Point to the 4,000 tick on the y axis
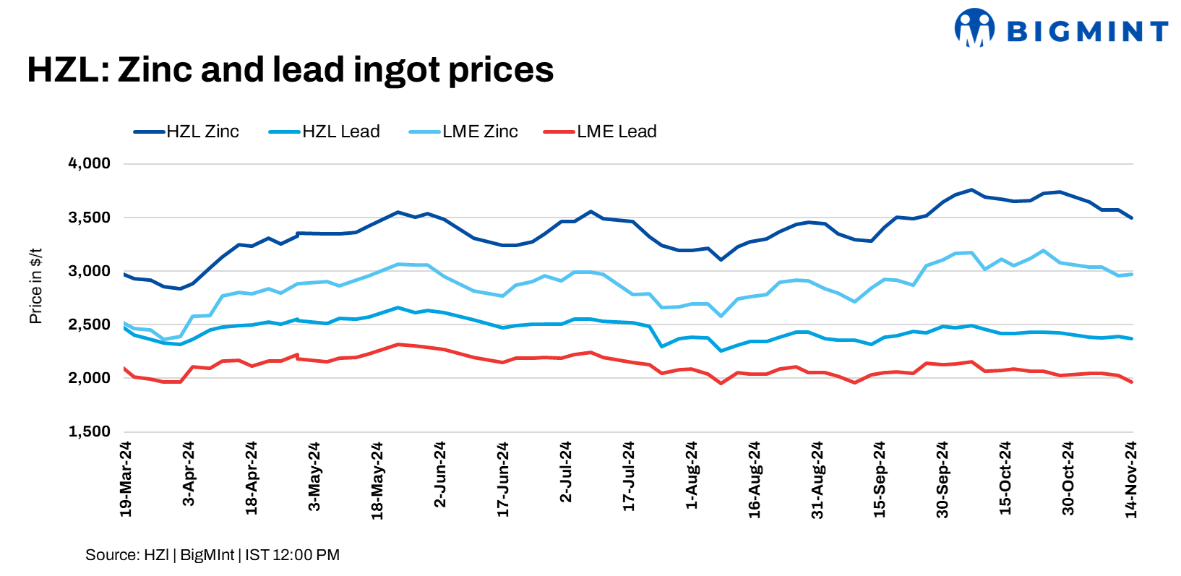[x=90, y=163]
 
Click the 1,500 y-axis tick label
[x=90, y=432]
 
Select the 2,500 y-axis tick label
[x=90, y=324]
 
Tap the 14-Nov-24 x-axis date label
[x=1131, y=480]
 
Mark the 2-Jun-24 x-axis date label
[x=440, y=475]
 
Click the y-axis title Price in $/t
[x=36, y=286]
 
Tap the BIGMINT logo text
[x=1087, y=31]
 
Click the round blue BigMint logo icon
[x=974, y=27]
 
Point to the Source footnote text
[x=212, y=555]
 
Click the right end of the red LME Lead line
[x=1131, y=382]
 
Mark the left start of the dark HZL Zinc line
[x=125, y=275]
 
